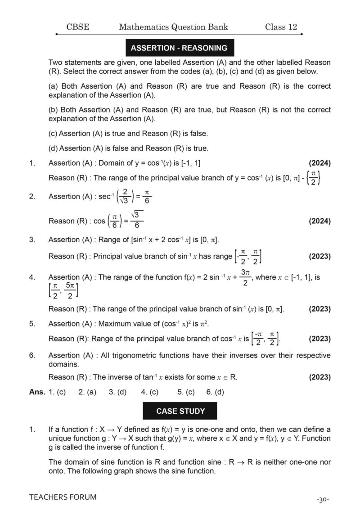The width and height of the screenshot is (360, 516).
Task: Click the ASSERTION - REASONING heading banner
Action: coord(179,48)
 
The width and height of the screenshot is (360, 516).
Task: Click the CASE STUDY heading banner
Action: coord(180,411)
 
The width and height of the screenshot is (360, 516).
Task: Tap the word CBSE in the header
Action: coord(77,27)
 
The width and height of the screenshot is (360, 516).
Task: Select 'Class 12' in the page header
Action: coord(281,27)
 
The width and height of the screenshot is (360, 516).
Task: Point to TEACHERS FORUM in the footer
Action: coord(63,497)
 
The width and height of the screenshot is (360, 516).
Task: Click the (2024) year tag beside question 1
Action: coord(319,163)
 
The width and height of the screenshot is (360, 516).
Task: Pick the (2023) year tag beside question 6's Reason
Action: coord(319,377)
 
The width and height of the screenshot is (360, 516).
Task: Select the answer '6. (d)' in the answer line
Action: coord(215,392)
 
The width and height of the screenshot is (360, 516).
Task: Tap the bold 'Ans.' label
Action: coord(37,392)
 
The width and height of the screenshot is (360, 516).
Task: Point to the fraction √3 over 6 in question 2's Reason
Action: coord(137,220)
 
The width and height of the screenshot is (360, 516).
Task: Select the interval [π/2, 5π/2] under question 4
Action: coord(63,290)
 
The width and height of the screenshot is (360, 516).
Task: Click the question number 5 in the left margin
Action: coord(32,323)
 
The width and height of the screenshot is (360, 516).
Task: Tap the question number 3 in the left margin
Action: coord(32,240)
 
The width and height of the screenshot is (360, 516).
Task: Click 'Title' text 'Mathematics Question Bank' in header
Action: coord(173,27)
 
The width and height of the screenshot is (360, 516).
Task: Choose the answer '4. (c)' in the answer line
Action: coord(150,392)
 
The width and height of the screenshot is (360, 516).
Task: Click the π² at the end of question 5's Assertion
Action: coord(205,323)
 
